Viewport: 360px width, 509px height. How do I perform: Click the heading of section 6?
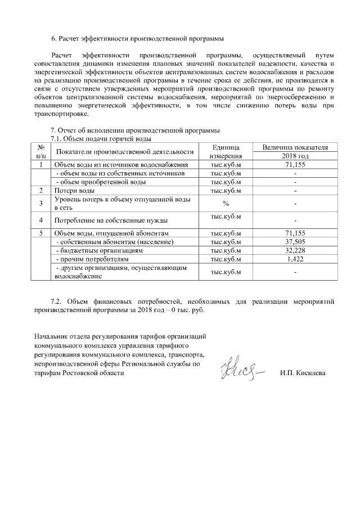point(137,39)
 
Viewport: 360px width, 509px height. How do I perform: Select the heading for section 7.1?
point(101,139)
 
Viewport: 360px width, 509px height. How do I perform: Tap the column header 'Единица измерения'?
point(226,151)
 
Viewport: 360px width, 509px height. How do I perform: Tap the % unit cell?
point(226,203)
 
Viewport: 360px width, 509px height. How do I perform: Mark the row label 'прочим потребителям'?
point(93,259)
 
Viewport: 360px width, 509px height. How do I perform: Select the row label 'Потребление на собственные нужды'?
point(110,220)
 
